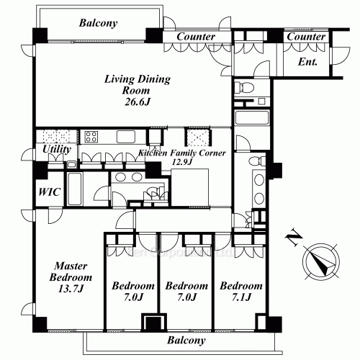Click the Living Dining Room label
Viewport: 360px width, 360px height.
(x=137, y=84)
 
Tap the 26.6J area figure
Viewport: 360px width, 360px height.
(x=138, y=102)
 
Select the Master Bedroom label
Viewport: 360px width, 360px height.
(x=71, y=271)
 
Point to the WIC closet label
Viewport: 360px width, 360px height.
(x=50, y=192)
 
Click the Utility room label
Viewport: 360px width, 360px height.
(x=57, y=149)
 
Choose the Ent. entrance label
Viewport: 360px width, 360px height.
(x=307, y=62)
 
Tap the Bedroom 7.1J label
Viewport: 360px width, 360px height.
(x=241, y=292)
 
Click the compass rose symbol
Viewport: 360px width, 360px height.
(x=321, y=261)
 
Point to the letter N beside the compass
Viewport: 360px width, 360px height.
(x=293, y=238)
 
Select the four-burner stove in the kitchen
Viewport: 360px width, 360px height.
(x=91, y=137)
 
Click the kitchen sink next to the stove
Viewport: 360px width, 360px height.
(x=126, y=137)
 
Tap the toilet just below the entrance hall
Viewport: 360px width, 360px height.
(x=244, y=86)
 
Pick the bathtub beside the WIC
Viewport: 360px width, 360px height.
(x=74, y=189)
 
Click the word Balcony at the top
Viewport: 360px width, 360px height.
(x=98, y=23)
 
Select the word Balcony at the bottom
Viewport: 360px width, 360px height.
(x=186, y=341)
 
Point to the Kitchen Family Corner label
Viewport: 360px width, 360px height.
(x=182, y=153)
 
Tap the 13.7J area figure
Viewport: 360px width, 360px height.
(x=71, y=289)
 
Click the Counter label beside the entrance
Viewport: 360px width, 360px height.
(x=306, y=37)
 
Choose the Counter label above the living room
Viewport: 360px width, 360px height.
(x=196, y=37)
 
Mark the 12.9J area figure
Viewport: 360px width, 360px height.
(x=182, y=162)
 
